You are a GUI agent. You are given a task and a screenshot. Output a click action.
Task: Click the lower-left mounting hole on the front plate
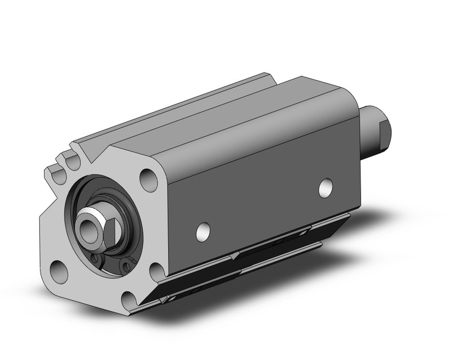click(x=59, y=270)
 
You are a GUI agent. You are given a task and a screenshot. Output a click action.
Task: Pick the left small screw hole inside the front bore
click(x=95, y=260)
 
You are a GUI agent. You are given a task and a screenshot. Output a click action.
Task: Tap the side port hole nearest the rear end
click(x=326, y=188)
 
